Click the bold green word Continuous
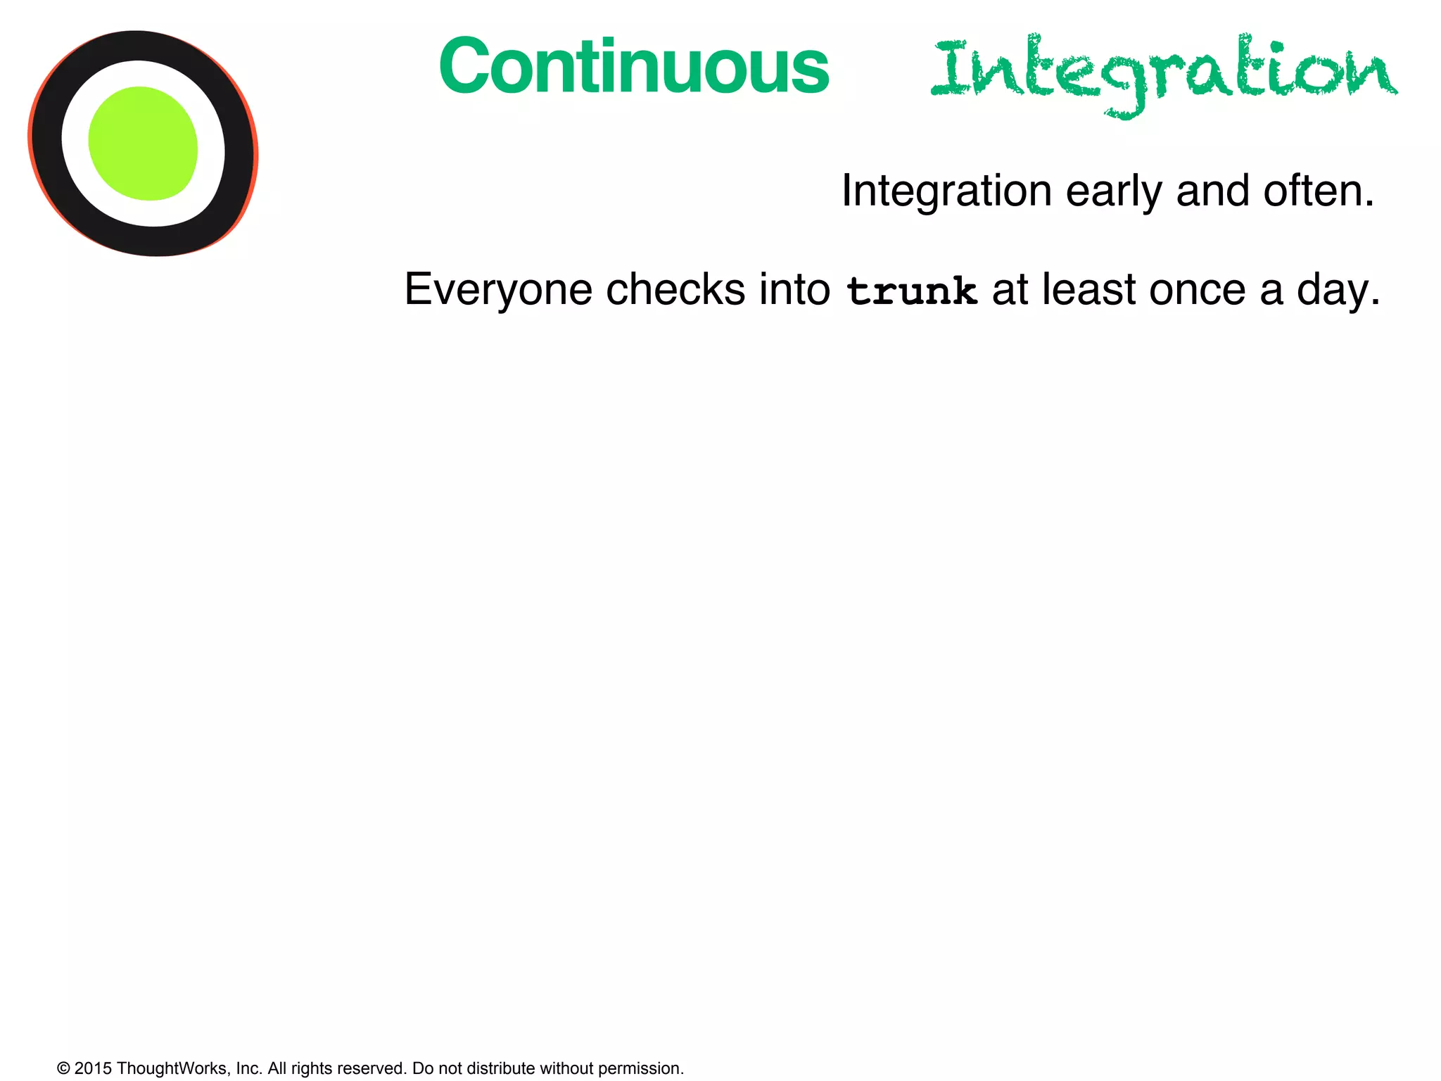pos(633,67)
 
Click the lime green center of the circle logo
pos(143,144)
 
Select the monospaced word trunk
pos(912,291)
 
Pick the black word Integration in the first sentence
pos(946,191)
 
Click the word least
pos(1088,290)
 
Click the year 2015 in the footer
pos(93,1068)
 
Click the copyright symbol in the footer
pos(63,1068)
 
